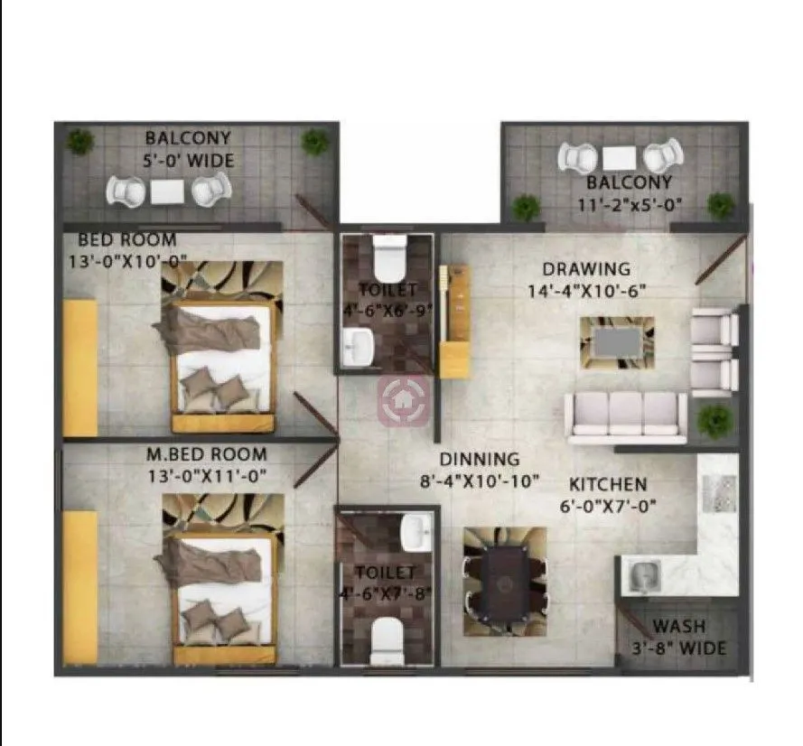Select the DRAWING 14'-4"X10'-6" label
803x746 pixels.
(585, 280)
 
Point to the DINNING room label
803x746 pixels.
(479, 470)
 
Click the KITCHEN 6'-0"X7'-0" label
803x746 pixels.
(607, 494)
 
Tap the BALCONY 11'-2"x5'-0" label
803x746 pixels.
(630, 193)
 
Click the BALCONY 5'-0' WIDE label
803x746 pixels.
(188, 150)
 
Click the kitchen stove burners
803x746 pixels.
(716, 492)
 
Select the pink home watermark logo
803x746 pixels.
(402, 400)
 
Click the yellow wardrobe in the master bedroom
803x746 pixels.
(79, 587)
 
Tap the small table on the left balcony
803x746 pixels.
(168, 191)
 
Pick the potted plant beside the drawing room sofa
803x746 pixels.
(715, 420)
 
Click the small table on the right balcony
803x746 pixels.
(620, 157)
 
